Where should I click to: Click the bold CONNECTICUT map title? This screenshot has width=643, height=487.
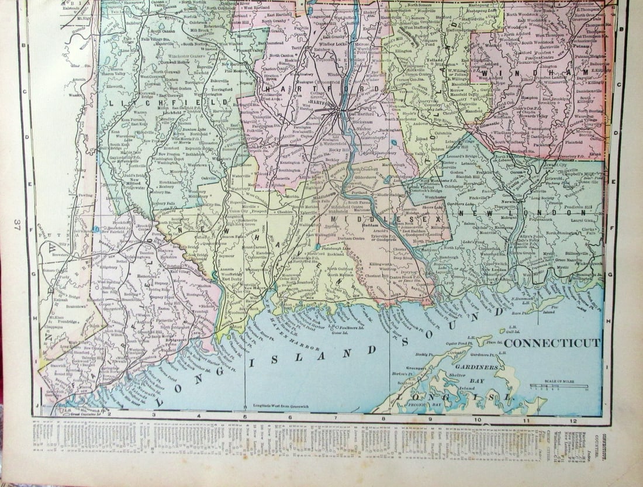pos(552,343)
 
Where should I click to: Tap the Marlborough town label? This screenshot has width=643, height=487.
pos(403,165)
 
